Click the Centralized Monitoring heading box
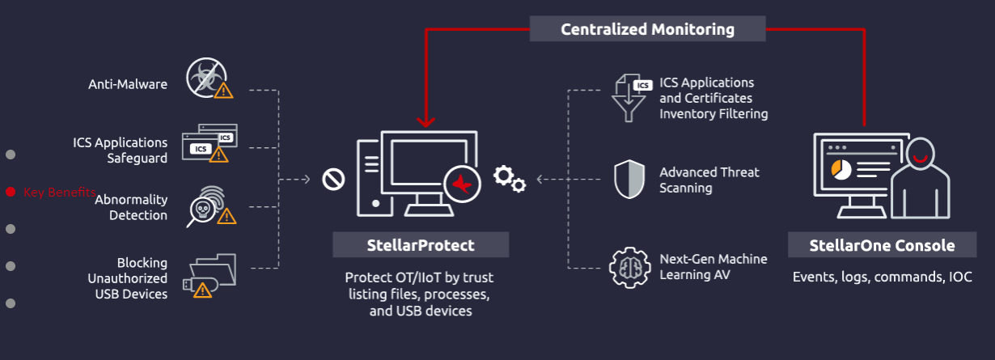(x=647, y=29)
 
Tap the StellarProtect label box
(x=421, y=244)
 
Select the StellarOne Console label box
(x=882, y=245)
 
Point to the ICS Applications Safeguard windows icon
(x=210, y=143)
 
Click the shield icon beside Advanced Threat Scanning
(x=629, y=180)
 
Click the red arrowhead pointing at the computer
(x=426, y=122)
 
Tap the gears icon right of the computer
(x=510, y=178)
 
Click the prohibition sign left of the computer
(x=333, y=180)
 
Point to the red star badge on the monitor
(x=462, y=184)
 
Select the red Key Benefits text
(x=59, y=193)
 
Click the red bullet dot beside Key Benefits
(x=11, y=192)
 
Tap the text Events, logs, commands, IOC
(x=882, y=277)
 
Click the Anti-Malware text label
(x=128, y=83)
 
